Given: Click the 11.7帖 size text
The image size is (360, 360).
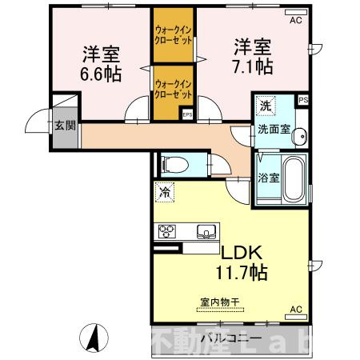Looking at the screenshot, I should pos(239,272).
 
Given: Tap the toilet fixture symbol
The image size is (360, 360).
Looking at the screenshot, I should pos(175,165).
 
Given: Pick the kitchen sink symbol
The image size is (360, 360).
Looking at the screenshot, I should pos(206,233).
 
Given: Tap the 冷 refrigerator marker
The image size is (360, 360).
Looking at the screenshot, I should pos(163,193).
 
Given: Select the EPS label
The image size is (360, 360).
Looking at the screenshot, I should pos(187,114).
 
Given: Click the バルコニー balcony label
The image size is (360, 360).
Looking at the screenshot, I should pos(221,337).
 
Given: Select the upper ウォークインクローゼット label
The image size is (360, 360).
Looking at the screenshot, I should pos(173,35).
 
